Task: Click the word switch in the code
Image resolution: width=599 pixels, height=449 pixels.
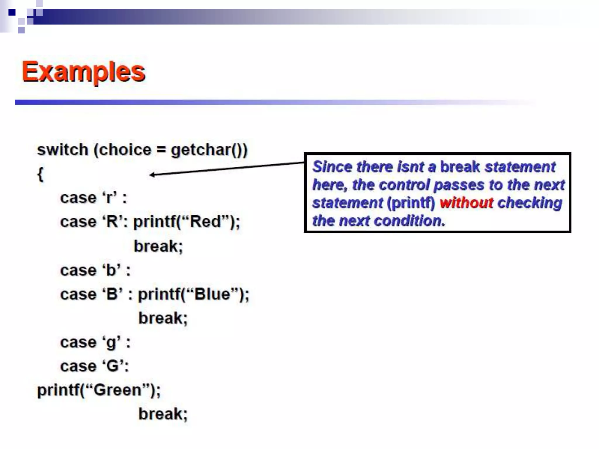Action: pyautogui.click(x=63, y=150)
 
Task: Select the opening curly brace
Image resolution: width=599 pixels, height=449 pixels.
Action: pyautogui.click(x=40, y=175)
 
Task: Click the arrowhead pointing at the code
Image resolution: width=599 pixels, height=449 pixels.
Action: pyautogui.click(x=152, y=175)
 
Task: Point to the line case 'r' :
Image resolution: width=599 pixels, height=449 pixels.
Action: pyautogui.click(x=93, y=198)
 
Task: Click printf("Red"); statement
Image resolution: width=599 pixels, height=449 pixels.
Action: pyautogui.click(x=187, y=222)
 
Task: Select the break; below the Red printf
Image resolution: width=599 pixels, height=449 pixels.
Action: pyautogui.click(x=158, y=246)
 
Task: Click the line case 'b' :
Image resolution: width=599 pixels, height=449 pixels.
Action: pyautogui.click(x=95, y=270)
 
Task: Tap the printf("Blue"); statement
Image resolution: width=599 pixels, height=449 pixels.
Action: pyautogui.click(x=193, y=294)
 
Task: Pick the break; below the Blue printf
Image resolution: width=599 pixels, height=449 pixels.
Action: pyautogui.click(x=163, y=318)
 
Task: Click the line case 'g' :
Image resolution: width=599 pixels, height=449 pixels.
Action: pyautogui.click(x=95, y=343)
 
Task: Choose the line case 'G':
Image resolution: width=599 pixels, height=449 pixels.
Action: pyautogui.click(x=94, y=366)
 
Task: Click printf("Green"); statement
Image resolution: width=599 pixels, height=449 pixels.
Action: pyautogui.click(x=99, y=390)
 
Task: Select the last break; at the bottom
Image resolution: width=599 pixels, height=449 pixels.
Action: pyautogui.click(x=163, y=414)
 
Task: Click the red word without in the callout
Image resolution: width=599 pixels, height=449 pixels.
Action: pyautogui.click(x=466, y=203)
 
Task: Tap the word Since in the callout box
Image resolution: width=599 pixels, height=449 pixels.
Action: pyautogui.click(x=332, y=167)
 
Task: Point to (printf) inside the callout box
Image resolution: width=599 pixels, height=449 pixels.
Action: pyautogui.click(x=411, y=203)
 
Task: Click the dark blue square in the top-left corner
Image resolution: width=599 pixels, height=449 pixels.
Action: pyautogui.click(x=12, y=12)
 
